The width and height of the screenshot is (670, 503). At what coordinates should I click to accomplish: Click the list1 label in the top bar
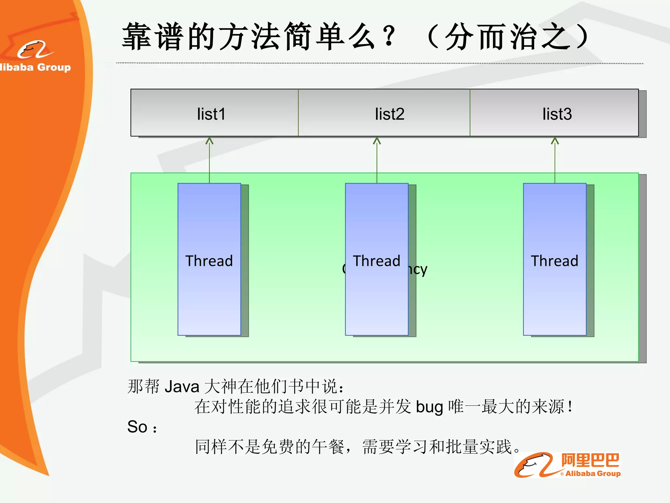point(211,114)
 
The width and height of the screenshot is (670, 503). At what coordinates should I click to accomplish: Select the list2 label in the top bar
point(389,114)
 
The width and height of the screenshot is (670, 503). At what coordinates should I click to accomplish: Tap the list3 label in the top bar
point(557,114)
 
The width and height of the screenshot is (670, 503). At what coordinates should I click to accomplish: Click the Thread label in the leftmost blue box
point(209,261)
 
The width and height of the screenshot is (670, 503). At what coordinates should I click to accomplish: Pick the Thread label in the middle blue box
point(377,261)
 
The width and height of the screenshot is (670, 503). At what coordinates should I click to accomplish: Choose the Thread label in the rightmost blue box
point(555,261)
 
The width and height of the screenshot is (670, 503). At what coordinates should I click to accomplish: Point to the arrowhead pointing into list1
point(209,141)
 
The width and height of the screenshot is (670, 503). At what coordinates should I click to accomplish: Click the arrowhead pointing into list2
point(377,141)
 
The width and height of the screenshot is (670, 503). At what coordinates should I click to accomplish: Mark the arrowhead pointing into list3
point(555,141)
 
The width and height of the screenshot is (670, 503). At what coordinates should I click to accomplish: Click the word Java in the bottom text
point(182,387)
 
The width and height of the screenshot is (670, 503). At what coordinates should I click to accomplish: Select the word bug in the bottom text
point(429,407)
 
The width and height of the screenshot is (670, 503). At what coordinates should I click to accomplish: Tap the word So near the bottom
point(137,427)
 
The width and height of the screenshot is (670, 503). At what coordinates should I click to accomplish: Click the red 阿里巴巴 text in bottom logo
point(590,460)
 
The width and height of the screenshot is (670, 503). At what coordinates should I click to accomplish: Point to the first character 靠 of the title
point(136,37)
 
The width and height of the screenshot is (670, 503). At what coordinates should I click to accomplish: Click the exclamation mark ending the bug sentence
point(570,407)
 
